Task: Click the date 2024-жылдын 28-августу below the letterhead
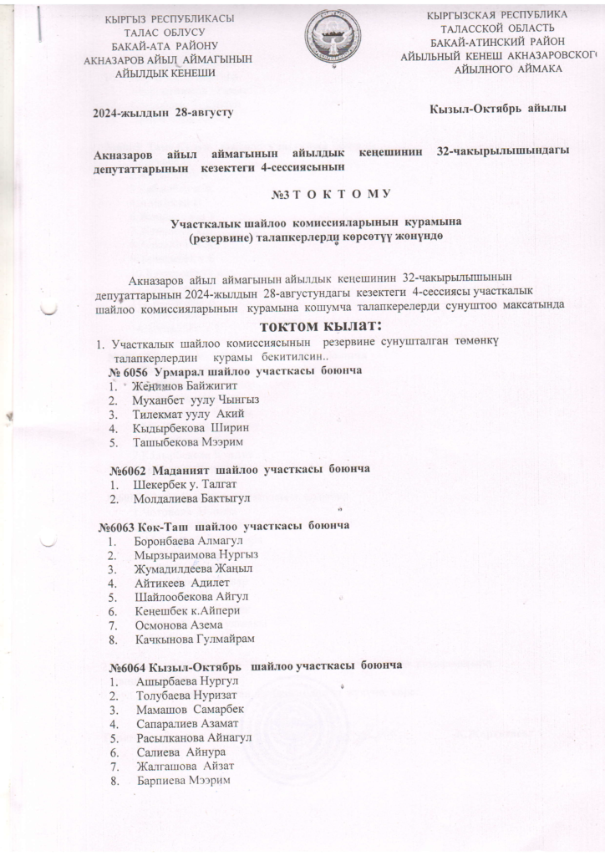163,110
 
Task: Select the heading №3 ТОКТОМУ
332,195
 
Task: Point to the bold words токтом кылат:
322,324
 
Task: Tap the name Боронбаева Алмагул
191,541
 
